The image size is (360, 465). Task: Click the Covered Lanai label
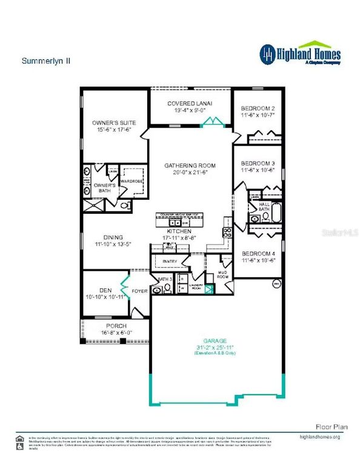click(x=190, y=104)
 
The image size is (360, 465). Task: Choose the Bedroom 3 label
click(x=258, y=163)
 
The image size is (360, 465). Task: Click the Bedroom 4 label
click(x=258, y=254)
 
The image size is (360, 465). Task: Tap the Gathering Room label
click(x=190, y=165)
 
